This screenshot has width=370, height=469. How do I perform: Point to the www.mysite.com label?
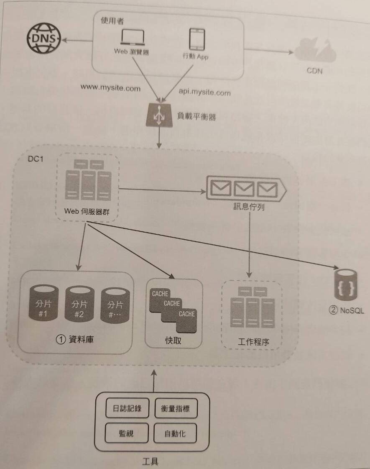[x=111, y=89]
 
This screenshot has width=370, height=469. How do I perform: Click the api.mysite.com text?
[x=204, y=92]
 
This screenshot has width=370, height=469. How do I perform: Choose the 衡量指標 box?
[x=175, y=409]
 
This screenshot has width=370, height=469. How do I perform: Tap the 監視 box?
[x=126, y=433]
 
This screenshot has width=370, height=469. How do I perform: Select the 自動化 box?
[x=175, y=434]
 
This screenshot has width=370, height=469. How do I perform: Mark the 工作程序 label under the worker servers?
[x=253, y=342]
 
